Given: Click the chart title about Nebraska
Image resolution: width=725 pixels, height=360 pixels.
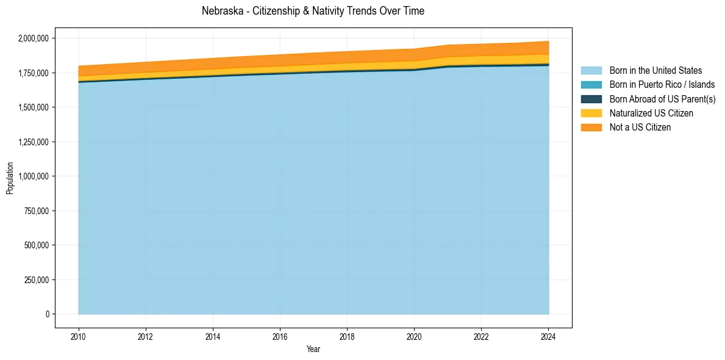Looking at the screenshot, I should [313, 11].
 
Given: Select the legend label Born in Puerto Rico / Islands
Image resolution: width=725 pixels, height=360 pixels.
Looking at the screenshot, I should [662, 85].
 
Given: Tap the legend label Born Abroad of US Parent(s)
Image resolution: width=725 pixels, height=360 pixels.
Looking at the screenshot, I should [662, 99].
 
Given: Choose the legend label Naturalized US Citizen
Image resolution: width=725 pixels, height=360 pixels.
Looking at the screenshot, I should [651, 113].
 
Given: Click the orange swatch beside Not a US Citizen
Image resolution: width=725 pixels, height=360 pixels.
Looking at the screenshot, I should [591, 128].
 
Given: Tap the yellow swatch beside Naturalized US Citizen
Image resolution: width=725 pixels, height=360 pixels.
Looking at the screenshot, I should [591, 113].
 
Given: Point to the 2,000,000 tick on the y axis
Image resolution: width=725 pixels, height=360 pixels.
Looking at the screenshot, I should [34, 38].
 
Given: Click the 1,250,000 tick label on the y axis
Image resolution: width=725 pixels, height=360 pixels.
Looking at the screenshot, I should [34, 142].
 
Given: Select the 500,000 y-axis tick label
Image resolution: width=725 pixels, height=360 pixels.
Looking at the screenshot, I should [36, 245].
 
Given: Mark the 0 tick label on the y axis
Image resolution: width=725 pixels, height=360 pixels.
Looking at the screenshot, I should [47, 314].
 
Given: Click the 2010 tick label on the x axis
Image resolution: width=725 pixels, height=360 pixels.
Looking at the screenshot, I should [79, 336].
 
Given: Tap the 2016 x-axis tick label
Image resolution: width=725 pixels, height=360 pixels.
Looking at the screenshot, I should [280, 336].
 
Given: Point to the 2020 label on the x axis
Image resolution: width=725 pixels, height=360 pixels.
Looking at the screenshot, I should [414, 336].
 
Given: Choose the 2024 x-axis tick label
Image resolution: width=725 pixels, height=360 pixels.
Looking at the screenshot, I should [548, 336].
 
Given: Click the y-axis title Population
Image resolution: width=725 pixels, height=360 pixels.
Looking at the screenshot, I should [10, 178].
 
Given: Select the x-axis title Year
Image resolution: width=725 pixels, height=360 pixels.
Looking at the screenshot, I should [313, 350].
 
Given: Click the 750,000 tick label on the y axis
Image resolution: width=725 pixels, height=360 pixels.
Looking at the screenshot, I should [36, 211].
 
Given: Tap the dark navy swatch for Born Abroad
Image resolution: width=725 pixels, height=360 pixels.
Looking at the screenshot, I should [591, 99].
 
